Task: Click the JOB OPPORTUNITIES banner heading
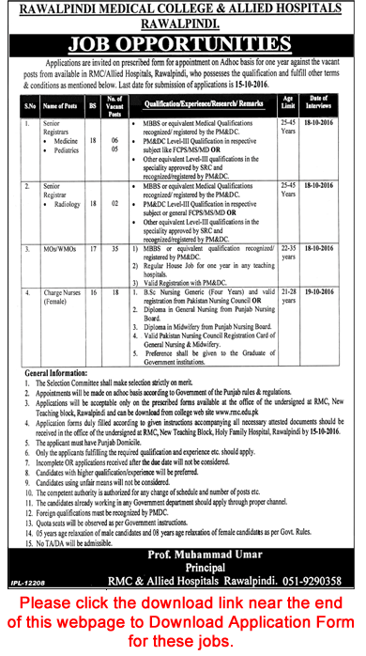(183, 42)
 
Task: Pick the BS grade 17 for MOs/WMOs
(90, 252)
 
